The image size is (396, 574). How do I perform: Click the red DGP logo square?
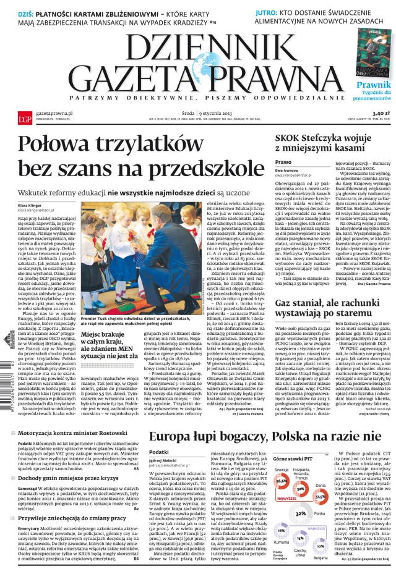24,118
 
